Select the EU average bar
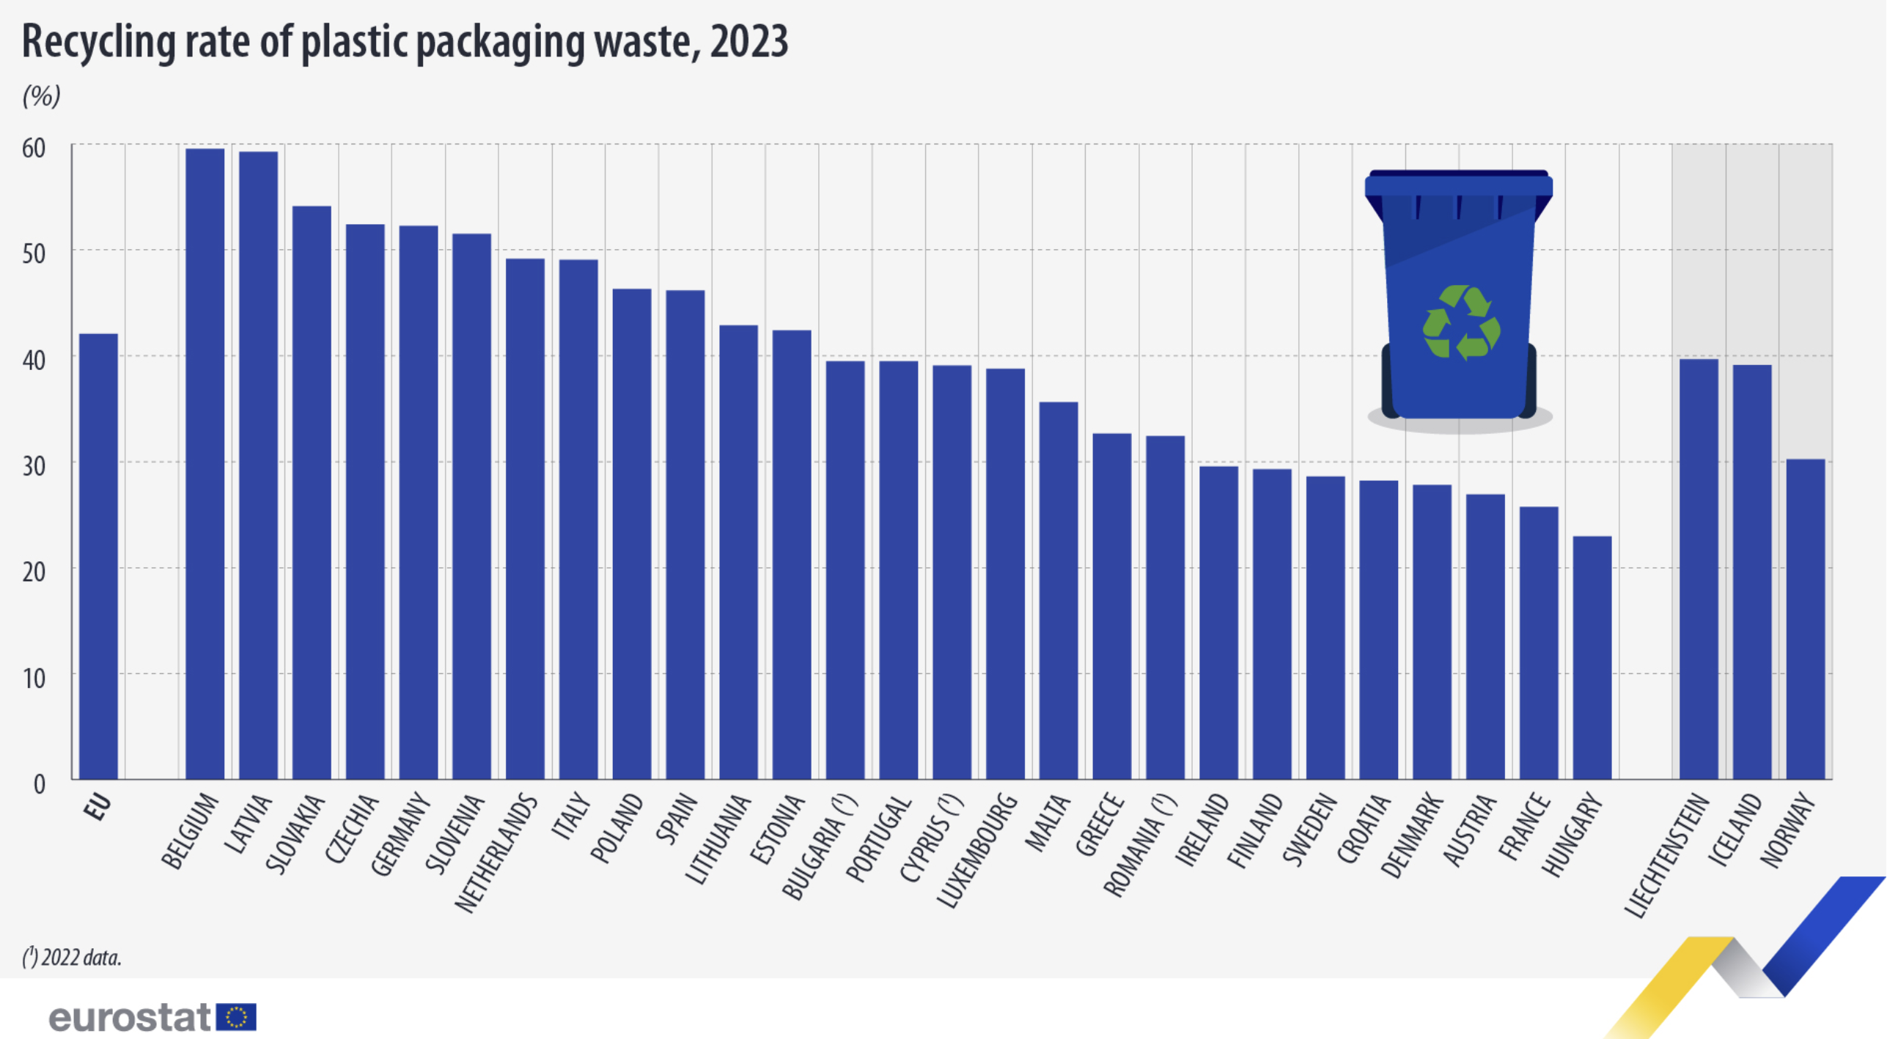98,557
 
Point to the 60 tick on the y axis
34,148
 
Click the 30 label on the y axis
34,466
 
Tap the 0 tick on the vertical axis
40,784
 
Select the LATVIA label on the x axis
248,824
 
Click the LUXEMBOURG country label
978,850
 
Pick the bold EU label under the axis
98,807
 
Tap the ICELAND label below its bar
1735,829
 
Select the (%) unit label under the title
41,95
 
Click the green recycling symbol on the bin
1461,322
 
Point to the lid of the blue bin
1458,184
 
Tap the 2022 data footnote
72,957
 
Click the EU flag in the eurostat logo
236,1017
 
